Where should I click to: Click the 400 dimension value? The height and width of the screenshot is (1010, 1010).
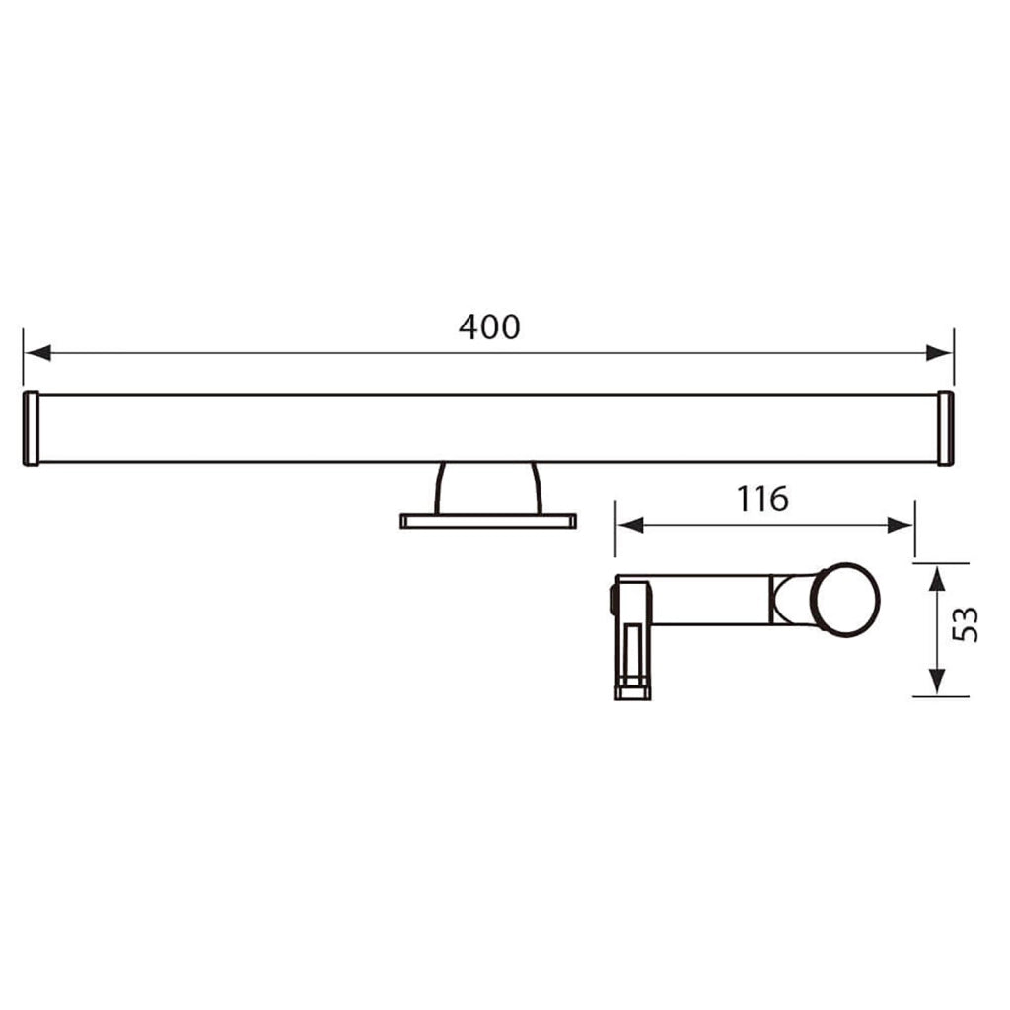488,326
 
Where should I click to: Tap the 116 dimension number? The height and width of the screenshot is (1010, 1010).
762,499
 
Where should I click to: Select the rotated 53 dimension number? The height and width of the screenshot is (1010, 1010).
969,624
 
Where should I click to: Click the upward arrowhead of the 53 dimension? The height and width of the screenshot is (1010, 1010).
937,578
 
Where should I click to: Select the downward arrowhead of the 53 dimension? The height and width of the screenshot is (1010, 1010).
937,682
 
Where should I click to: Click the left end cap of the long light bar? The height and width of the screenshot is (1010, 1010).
31,428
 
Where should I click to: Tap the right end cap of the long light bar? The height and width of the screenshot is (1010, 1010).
945,428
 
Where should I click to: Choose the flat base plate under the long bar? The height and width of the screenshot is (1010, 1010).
488,520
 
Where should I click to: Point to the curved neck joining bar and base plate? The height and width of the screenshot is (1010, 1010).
488,486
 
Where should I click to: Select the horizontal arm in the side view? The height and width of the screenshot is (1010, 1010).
710,600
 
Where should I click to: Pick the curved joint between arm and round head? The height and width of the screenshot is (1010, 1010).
792,600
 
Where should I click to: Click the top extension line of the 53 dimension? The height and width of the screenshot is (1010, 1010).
941,563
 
